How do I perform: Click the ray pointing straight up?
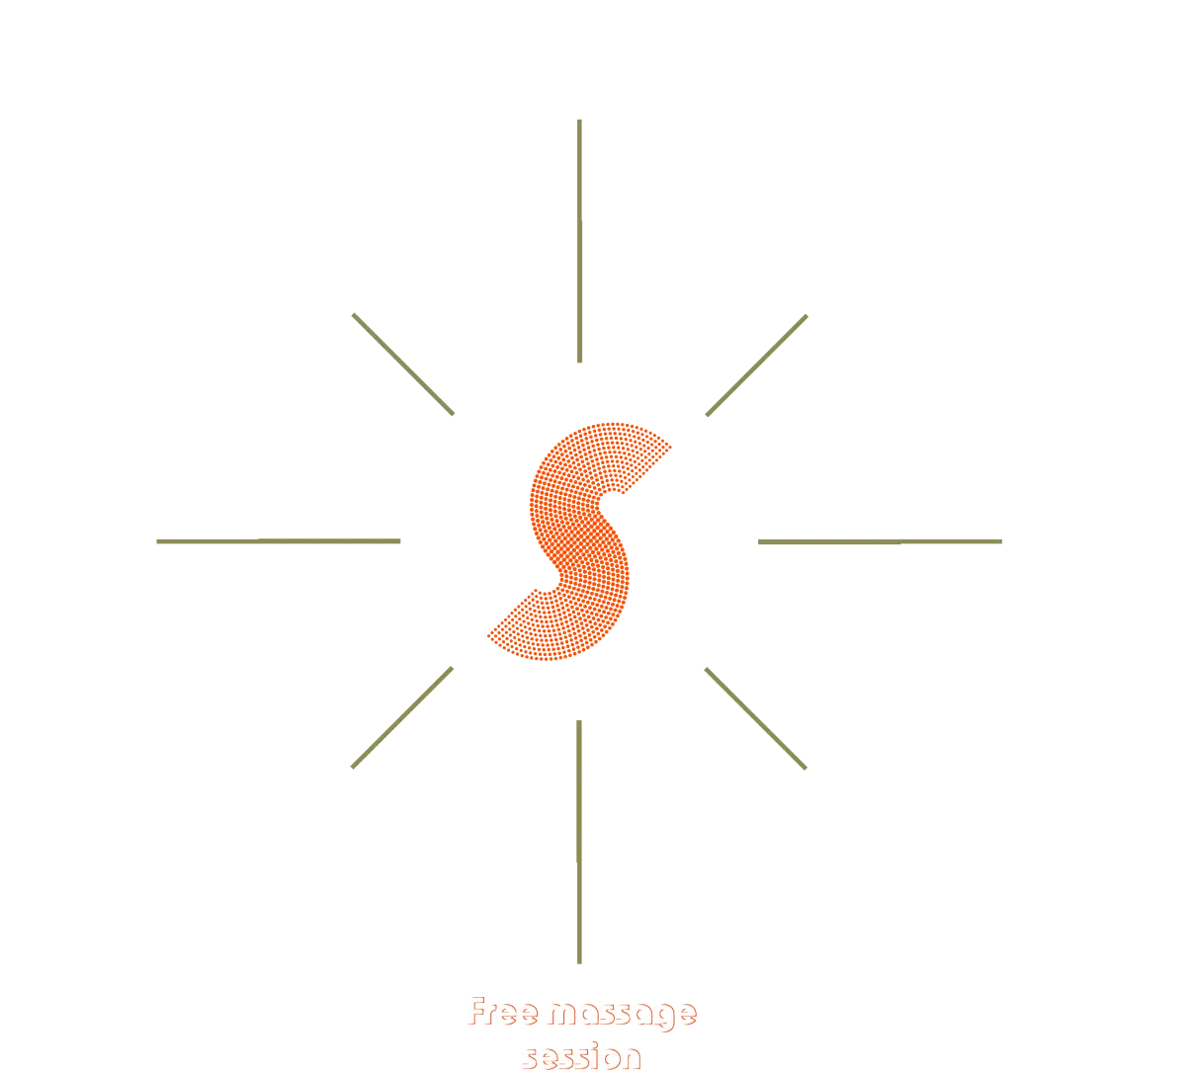coord(580,241)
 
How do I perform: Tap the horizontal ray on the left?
coord(277,541)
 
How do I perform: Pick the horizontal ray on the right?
coord(880,541)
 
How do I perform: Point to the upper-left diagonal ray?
coord(402,363)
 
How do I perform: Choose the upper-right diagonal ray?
coord(757,365)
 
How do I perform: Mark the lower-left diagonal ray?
coord(402,717)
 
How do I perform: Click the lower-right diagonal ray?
coord(756,717)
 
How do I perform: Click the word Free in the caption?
coord(503,1015)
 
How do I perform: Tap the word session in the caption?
coord(581,1056)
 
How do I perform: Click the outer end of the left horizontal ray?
coord(155,541)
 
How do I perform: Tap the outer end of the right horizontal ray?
coord(1000,541)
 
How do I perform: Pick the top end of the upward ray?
coord(580,123)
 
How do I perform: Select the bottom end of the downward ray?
coord(578,959)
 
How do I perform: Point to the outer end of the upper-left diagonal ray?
coord(353,314)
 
